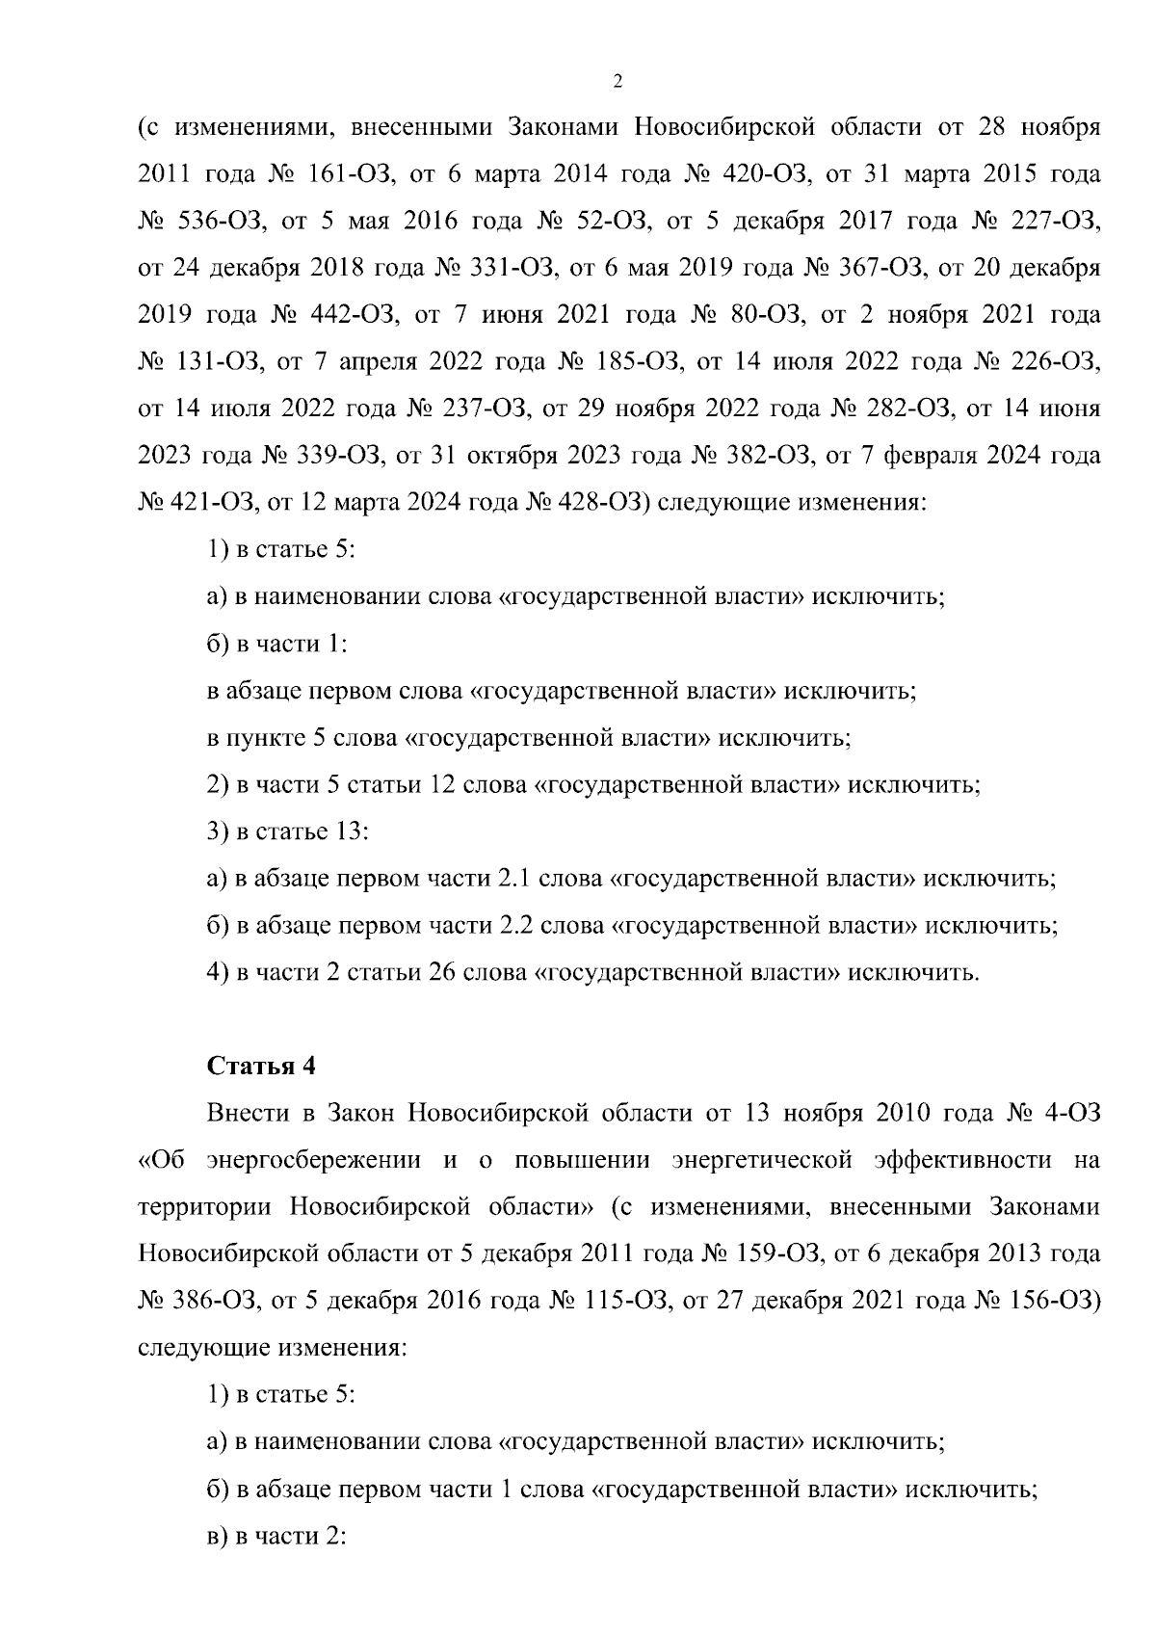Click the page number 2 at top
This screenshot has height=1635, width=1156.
pyautogui.click(x=617, y=82)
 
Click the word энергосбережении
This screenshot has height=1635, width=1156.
pyautogui.click(x=313, y=1160)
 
